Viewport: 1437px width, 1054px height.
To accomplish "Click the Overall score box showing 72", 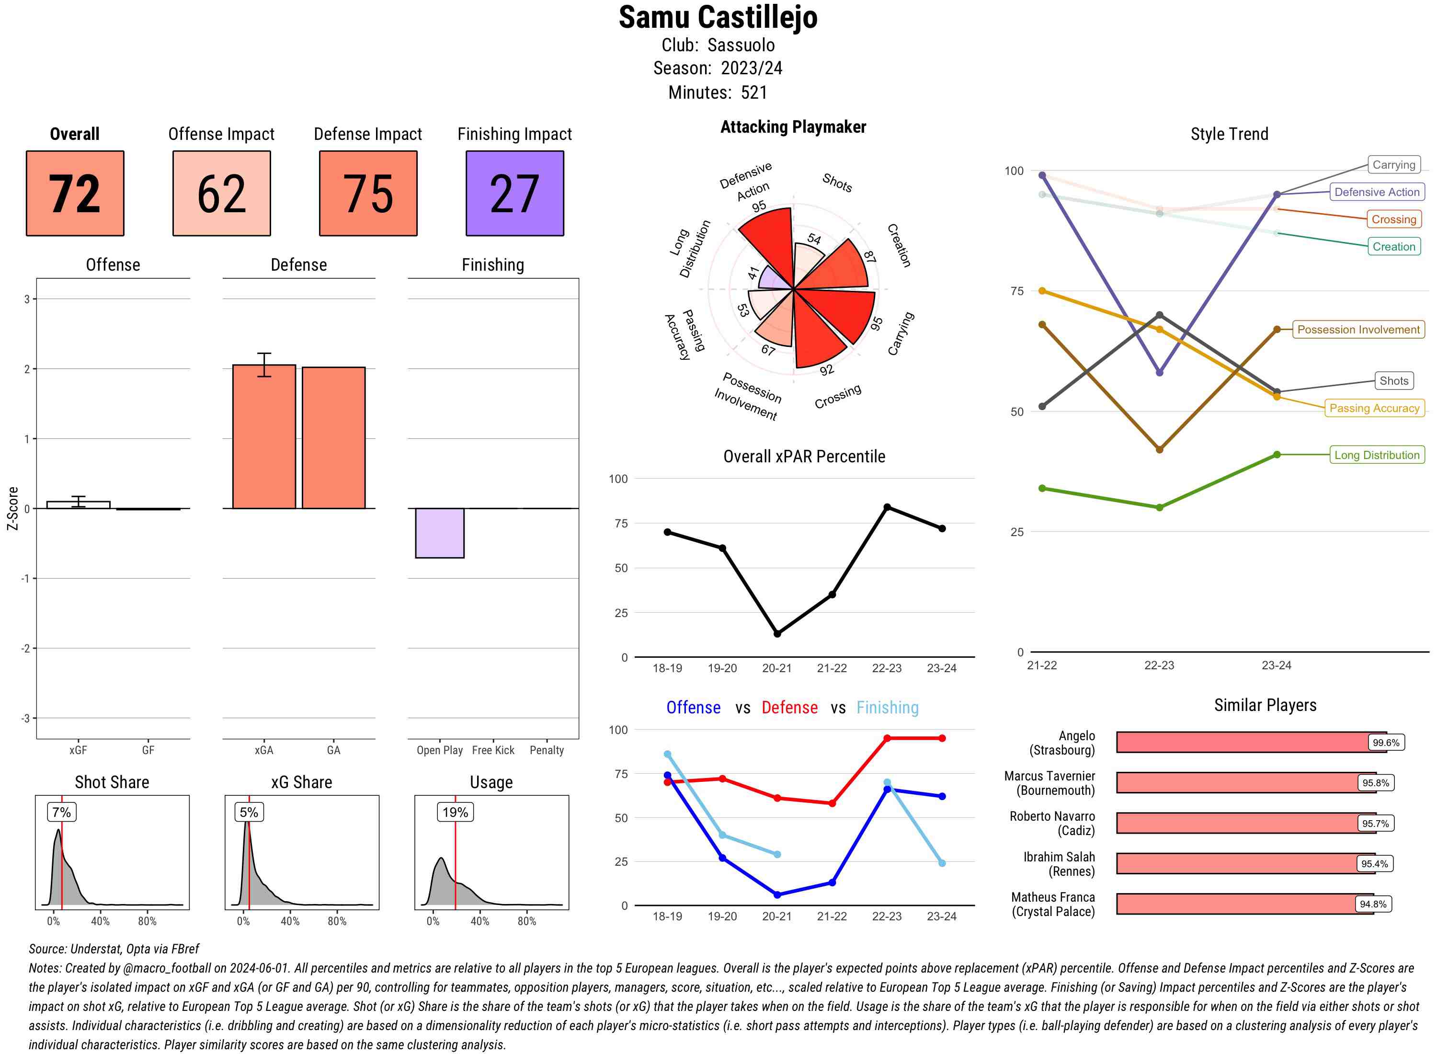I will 75,194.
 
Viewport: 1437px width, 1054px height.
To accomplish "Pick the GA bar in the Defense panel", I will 333,438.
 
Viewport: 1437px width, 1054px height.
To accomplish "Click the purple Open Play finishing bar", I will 439,533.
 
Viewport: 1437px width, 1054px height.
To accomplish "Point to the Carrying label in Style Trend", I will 1393,165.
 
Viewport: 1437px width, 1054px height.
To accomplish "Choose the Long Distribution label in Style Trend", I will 1377,455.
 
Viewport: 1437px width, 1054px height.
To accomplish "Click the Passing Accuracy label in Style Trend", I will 1374,408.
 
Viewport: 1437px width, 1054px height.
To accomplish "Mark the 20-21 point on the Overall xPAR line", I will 777,633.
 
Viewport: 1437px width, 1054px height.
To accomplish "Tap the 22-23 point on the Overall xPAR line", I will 887,507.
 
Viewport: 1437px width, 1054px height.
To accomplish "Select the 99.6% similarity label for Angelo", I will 1385,743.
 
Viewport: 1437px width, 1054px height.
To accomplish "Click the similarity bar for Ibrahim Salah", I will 1244,864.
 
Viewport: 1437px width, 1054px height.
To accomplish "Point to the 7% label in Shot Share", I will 61,812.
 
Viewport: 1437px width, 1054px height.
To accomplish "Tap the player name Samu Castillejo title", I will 718,18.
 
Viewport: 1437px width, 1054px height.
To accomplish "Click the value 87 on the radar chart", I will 869,256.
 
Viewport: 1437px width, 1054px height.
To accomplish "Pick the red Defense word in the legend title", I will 789,708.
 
